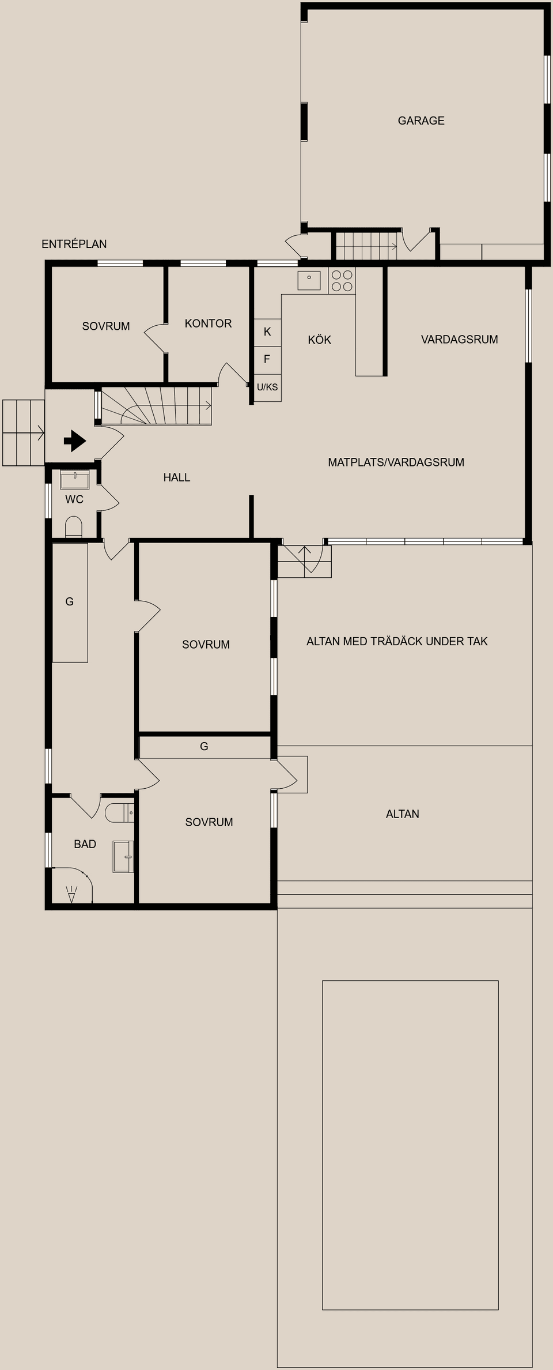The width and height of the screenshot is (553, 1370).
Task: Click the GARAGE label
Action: click(421, 121)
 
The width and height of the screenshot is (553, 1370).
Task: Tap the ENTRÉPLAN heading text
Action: click(74, 244)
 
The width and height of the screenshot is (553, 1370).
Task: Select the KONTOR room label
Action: click(208, 323)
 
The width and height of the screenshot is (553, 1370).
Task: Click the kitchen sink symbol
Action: click(309, 280)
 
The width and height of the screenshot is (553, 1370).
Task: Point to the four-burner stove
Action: click(342, 281)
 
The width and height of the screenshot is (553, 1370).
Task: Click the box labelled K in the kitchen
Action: click(267, 332)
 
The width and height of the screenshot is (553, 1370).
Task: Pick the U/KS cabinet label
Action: click(267, 387)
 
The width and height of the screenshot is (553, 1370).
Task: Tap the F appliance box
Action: click(267, 359)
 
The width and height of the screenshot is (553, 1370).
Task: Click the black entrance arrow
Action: click(74, 441)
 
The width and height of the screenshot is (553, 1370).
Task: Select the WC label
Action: click(74, 499)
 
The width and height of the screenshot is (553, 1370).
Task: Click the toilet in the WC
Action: click(74, 526)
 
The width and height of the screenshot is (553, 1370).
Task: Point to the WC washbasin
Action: click(75, 480)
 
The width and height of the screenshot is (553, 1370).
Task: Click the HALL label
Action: click(176, 477)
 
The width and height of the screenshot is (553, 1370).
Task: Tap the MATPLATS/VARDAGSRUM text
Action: click(396, 462)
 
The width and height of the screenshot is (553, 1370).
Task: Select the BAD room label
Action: click(85, 844)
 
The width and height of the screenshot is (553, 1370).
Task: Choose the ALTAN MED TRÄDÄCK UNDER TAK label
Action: click(397, 641)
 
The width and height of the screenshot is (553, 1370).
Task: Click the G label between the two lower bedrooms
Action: click(204, 746)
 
